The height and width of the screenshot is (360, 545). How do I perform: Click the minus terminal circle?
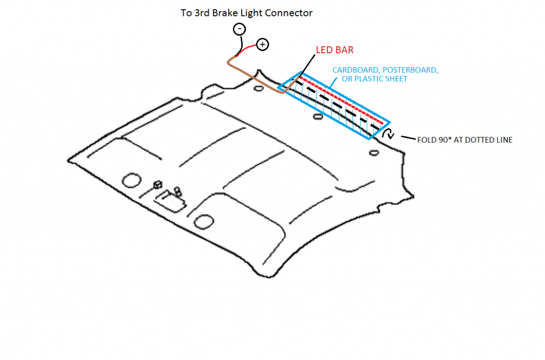[x=239, y=30]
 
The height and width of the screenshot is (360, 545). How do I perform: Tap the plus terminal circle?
[x=262, y=45]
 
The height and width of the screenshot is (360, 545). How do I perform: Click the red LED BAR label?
[x=335, y=50]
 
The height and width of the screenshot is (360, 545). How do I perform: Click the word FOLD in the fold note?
[x=426, y=141]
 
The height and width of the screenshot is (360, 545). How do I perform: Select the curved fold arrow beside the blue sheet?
[x=391, y=133]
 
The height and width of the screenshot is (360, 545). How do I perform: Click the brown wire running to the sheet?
[x=250, y=74]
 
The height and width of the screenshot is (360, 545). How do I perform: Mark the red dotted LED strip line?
[x=341, y=97]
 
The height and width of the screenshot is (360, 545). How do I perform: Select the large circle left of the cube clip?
[x=130, y=180]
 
